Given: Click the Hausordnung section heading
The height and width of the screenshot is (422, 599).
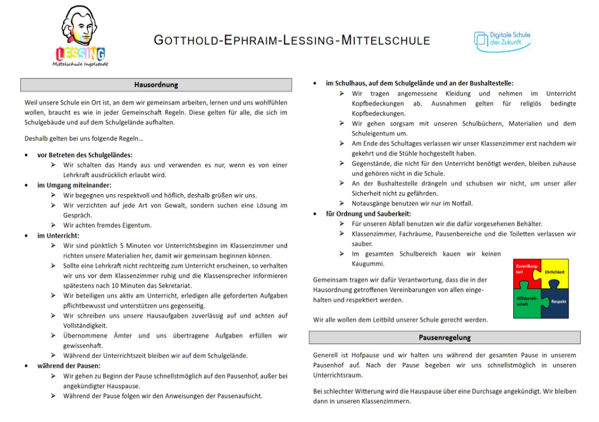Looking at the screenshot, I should (156, 85).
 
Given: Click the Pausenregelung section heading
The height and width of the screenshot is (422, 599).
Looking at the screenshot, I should (444, 337).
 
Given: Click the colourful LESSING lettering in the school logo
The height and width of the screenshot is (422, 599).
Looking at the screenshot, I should (80, 54).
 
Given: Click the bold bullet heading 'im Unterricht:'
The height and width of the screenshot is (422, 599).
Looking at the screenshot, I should (57, 236).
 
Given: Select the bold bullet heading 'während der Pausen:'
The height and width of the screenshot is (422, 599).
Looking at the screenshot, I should (68, 366).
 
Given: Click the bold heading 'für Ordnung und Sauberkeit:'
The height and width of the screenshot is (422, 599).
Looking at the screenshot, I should (368, 214).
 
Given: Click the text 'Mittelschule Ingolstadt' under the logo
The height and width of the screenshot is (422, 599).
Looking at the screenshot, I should (80, 64).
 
